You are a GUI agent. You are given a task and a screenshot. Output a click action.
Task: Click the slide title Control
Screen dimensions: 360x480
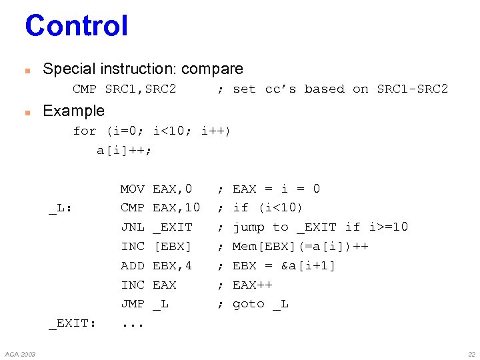tap(76, 26)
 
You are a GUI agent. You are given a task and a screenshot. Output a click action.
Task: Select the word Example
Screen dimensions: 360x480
tap(73, 111)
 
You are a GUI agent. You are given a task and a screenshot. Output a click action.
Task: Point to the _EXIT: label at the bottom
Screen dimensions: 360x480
tap(72, 323)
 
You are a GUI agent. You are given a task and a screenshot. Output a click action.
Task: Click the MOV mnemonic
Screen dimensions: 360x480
tap(132, 189)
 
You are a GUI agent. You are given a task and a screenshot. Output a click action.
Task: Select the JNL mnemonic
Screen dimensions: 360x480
tap(132, 227)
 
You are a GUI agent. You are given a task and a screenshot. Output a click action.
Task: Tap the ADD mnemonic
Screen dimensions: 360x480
tap(132, 265)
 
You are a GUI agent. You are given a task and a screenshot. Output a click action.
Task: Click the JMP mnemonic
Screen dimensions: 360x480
tap(132, 304)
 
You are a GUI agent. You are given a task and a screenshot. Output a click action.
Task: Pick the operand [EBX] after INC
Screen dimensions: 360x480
tap(172, 247)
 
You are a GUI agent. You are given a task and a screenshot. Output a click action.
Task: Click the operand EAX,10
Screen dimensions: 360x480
tap(176, 208)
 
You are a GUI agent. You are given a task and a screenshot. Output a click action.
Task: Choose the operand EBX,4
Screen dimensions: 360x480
tap(172, 265)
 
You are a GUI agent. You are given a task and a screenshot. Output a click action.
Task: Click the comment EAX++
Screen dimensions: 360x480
tap(252, 285)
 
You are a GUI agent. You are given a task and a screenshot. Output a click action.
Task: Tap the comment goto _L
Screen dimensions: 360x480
tap(260, 304)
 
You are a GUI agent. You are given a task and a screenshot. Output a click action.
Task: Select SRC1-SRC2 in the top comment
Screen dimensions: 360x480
tap(412, 89)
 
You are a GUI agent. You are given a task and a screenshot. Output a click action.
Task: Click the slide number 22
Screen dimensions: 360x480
tap(471, 353)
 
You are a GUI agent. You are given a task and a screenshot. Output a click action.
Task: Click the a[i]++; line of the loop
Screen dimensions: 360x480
tap(124, 150)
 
